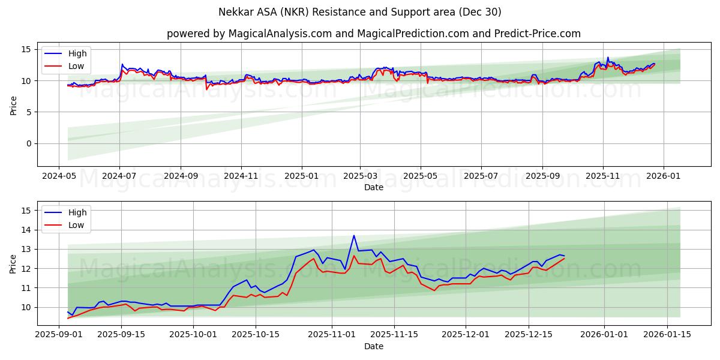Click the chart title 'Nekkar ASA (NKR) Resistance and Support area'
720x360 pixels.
tap(360, 12)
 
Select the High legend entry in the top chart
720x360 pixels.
tap(77, 53)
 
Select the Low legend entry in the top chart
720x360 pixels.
tap(76, 66)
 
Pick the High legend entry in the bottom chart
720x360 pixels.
tap(77, 212)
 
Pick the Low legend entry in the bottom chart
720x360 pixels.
tap(76, 225)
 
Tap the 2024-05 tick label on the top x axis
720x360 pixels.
tap(58, 177)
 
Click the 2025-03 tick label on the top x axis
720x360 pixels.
tap(360, 177)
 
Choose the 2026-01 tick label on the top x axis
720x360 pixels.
tap(663, 177)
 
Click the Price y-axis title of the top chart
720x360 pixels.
tap(13, 105)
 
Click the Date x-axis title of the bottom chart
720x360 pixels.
tap(373, 346)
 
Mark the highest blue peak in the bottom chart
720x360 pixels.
tap(354, 235)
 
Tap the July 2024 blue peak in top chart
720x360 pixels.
tap(122, 64)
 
